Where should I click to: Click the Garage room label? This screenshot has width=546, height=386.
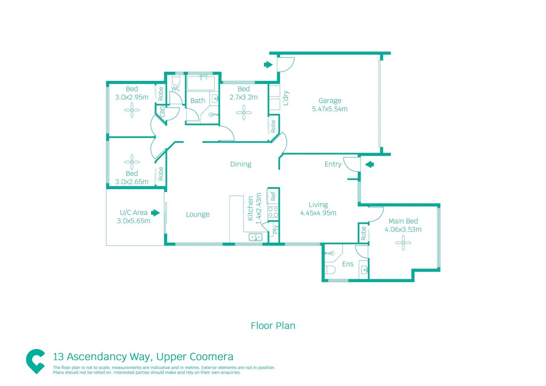[x=329, y=101]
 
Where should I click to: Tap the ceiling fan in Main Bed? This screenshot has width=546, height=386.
[x=403, y=243]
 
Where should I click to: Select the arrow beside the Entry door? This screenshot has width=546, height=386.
[x=369, y=164]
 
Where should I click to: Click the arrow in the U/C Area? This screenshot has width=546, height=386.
[x=155, y=213]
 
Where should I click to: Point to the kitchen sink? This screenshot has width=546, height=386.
[x=255, y=237]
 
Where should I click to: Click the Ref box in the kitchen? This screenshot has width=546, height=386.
[x=273, y=196]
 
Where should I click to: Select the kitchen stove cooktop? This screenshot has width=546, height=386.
[x=273, y=212]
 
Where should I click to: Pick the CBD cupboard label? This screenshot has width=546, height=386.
[x=163, y=112]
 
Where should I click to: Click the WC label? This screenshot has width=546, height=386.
[x=175, y=89]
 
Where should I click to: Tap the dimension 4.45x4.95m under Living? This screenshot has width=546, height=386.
[x=318, y=213]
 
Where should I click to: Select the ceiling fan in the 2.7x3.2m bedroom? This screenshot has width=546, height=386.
[x=244, y=113]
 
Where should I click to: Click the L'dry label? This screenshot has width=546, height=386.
[x=286, y=98]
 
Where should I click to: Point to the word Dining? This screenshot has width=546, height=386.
[x=240, y=164]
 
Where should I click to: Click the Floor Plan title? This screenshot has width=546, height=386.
[x=273, y=326]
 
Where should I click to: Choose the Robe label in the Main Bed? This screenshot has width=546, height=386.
[x=363, y=233]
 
